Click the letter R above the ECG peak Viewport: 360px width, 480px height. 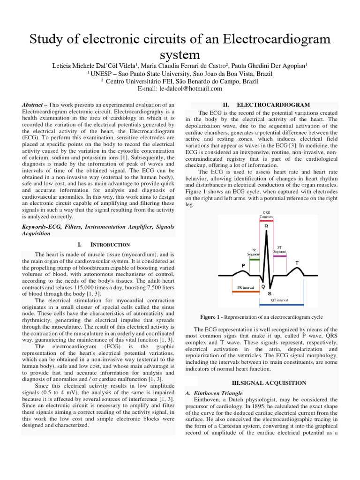click(266, 226)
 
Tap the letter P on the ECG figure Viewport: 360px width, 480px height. click(243, 265)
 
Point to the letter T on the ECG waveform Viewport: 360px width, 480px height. click(297, 262)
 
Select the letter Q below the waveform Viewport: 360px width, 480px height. click(263, 286)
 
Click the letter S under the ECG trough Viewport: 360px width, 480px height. click(270, 293)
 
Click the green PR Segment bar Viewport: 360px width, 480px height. click(254, 259)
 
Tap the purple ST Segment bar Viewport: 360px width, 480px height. click(280, 256)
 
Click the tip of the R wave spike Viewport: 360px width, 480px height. click(266, 232)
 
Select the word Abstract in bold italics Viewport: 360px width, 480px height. click(35, 105)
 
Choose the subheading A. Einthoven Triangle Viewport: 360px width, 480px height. click(214, 393)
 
